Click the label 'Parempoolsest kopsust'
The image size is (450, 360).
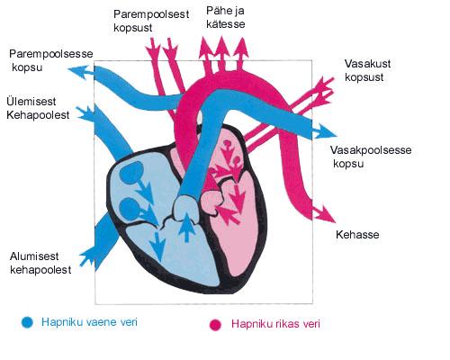click(x=151, y=21)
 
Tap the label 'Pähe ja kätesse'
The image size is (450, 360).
click(x=225, y=17)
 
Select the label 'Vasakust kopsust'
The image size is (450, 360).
click(x=367, y=70)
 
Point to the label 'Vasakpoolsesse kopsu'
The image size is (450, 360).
click(x=371, y=157)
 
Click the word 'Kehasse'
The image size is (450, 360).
click(x=357, y=234)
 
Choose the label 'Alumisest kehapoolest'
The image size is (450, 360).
click(x=40, y=263)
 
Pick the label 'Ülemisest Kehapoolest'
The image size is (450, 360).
click(x=38, y=108)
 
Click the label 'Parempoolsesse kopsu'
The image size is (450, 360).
click(x=51, y=60)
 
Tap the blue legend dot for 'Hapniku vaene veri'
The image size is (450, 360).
click(x=27, y=322)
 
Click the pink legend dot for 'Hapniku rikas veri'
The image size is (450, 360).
click(x=215, y=325)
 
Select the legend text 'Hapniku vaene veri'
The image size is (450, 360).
click(x=89, y=322)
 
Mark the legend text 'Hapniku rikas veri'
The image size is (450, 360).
click(x=275, y=324)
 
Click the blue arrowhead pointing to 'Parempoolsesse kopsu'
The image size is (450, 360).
click(x=79, y=72)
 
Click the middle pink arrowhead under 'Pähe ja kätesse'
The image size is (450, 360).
click(x=221, y=47)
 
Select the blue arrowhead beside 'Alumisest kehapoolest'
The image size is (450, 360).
click(x=88, y=257)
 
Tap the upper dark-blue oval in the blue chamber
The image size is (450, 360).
click(x=131, y=173)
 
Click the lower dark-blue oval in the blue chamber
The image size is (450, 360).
click(x=130, y=209)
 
